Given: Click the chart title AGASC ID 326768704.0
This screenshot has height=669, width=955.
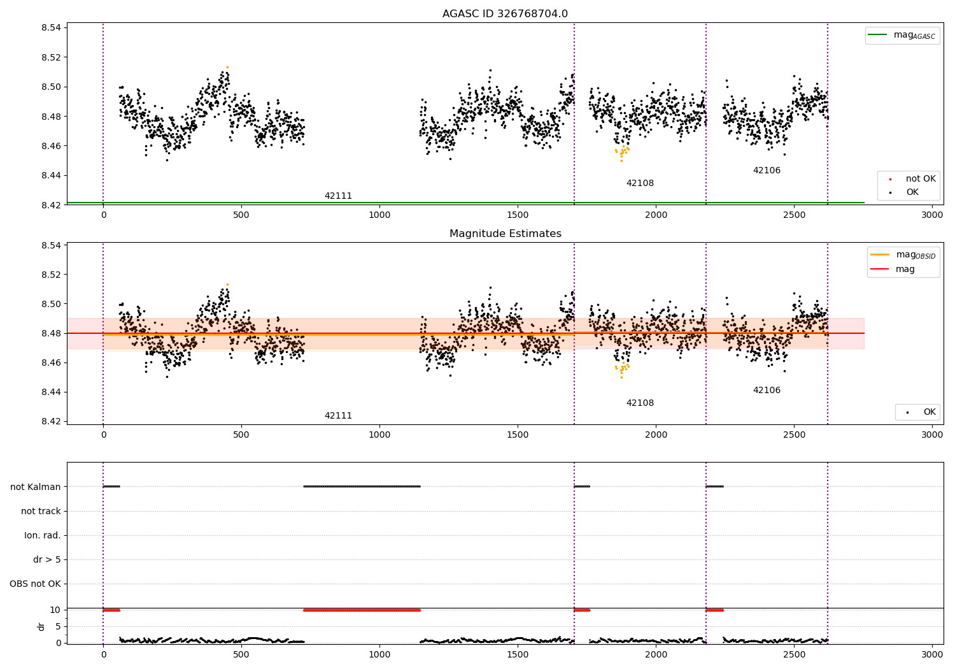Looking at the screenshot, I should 505,14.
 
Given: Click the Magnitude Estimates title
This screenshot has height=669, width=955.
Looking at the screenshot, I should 505,234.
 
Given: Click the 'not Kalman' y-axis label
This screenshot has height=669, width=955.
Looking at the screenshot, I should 36,487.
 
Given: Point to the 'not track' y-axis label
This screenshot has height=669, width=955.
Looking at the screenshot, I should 41,511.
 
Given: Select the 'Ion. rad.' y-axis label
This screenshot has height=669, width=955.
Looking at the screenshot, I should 43,535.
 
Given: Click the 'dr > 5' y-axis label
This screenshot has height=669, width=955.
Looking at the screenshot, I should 47,559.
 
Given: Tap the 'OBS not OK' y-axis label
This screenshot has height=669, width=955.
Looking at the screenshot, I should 35,584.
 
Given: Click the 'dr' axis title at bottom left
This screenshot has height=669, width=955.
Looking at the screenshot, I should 41,626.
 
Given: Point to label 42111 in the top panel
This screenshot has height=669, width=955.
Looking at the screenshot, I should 338,196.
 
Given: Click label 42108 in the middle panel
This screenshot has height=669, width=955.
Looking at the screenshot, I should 640,403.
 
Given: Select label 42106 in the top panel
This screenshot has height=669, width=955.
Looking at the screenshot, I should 767,171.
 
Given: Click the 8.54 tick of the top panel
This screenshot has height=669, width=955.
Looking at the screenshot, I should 50,27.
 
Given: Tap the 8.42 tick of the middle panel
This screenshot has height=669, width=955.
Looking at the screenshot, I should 50,421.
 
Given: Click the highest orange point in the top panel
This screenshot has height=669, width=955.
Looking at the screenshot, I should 227,67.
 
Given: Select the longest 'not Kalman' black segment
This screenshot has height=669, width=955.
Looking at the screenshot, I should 362,486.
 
